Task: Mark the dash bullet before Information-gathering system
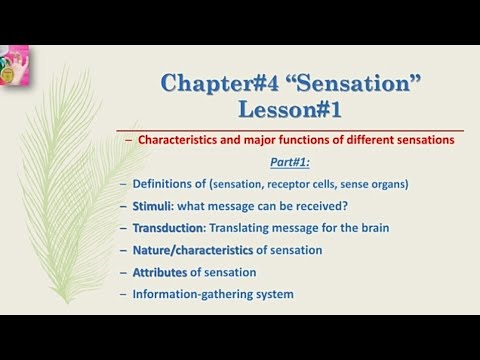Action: (x=123, y=294)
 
